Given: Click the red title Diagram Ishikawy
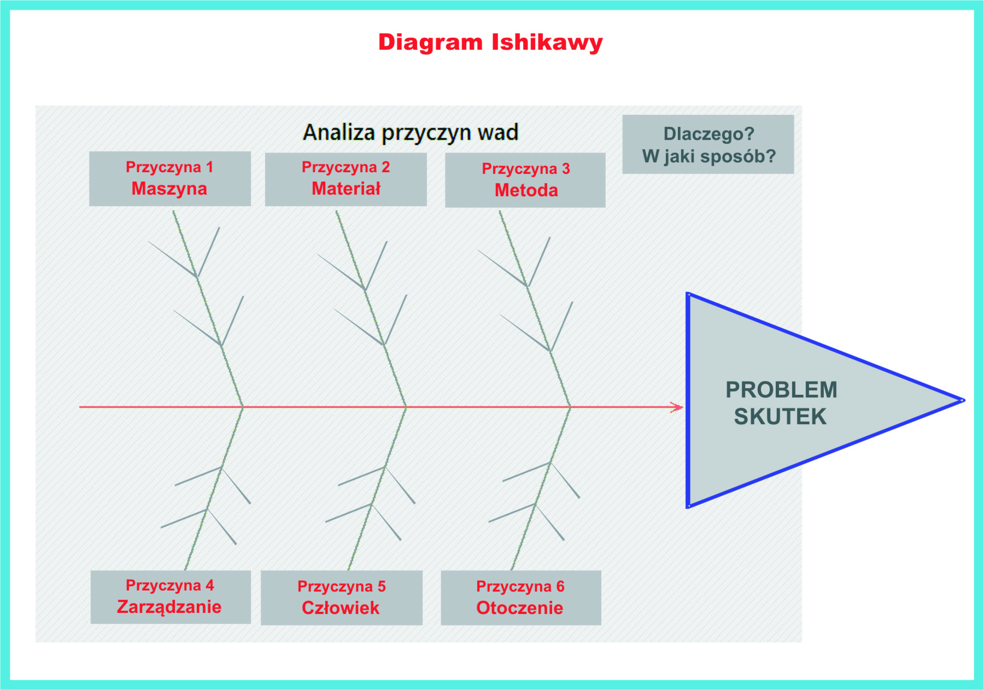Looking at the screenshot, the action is tap(490, 43).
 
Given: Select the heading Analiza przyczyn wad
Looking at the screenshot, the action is tap(411, 133).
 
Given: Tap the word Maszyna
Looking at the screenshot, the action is tap(169, 189).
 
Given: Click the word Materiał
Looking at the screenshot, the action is tap(346, 189).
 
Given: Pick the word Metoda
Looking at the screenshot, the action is tap(526, 190).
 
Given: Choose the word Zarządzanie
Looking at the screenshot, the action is tap(169, 607).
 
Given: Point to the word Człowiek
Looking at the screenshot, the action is tap(341, 608).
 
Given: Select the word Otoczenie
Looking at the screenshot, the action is tap(520, 608).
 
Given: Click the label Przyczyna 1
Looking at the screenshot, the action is tap(169, 167).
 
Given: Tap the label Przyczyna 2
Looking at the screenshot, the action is tap(346, 167).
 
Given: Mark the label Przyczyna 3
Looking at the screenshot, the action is tap(526, 169).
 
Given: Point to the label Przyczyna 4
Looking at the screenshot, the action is tap(170, 586).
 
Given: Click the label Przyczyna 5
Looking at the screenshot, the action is tap(342, 587).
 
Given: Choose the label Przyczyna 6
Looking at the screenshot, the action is tap(520, 587).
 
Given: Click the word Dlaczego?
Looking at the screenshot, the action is tap(709, 134).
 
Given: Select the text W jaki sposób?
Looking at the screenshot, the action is tap(709, 157).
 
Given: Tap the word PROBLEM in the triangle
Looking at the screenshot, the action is tap(781, 390).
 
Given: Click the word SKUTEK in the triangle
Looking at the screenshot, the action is tap(780, 417).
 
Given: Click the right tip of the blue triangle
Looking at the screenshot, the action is tap(964, 400).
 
